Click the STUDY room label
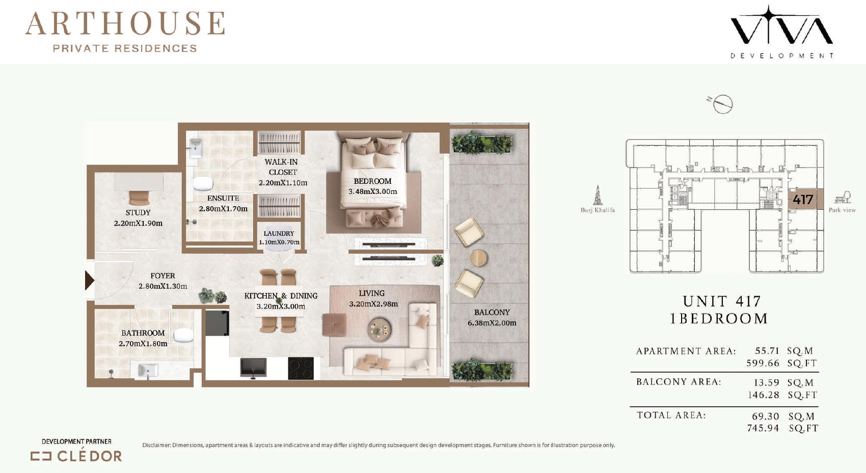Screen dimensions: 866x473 (x=138, y=212)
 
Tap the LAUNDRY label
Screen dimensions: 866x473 (x=279, y=233)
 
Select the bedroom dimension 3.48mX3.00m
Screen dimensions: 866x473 (x=373, y=191)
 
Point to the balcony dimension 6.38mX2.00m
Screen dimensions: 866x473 (x=492, y=323)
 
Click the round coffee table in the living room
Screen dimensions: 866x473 (x=380, y=329)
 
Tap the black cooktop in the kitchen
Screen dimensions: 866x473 (x=301, y=368)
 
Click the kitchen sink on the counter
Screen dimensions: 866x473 (x=253, y=367)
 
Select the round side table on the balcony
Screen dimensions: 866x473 (x=479, y=258)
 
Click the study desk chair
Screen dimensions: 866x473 (x=139, y=198)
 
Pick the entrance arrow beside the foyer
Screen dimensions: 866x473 (x=89, y=280)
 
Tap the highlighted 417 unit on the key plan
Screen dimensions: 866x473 (x=803, y=200)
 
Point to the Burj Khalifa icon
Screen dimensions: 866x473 (x=598, y=195)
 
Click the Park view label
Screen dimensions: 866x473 (x=842, y=210)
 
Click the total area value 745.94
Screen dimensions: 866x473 (x=763, y=428)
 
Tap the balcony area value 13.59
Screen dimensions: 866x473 (x=767, y=382)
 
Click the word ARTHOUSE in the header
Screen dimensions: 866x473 (x=125, y=23)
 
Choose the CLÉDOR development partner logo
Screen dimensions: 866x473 (x=76, y=456)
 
